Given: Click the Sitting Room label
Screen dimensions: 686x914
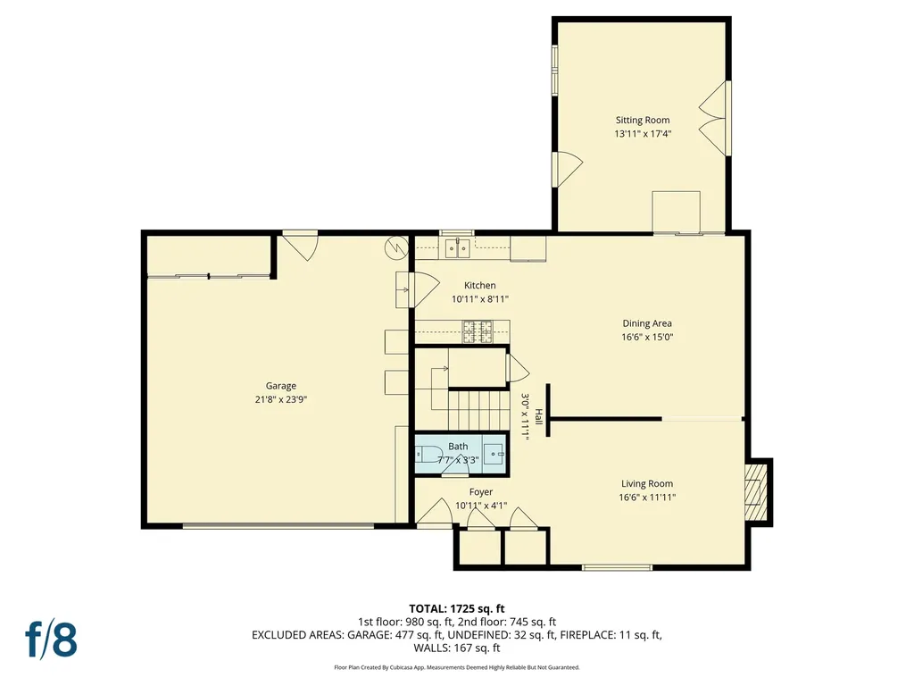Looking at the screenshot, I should pos(642,120).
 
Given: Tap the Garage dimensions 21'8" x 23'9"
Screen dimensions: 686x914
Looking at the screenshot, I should pos(280,399).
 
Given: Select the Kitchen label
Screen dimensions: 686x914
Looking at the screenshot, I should pos(479,286).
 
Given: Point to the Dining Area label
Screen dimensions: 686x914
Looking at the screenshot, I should pos(647,323).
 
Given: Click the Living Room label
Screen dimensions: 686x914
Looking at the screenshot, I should pos(647,484).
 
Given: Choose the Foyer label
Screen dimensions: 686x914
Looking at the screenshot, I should pos(480,492).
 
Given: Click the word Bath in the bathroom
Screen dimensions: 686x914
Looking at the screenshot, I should pos(458,447).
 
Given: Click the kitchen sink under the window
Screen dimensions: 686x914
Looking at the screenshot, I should pos(458,248).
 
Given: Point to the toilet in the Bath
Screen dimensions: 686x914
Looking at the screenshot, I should pos(426,454).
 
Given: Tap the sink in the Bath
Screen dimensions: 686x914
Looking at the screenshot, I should pos(494,454).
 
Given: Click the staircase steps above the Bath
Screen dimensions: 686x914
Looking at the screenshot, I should pos(475,411).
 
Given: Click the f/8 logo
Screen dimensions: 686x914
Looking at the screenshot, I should pos(51,639).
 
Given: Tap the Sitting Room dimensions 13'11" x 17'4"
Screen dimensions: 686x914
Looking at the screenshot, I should pos(642,134).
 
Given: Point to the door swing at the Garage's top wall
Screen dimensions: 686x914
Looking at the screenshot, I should pos(301,244).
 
